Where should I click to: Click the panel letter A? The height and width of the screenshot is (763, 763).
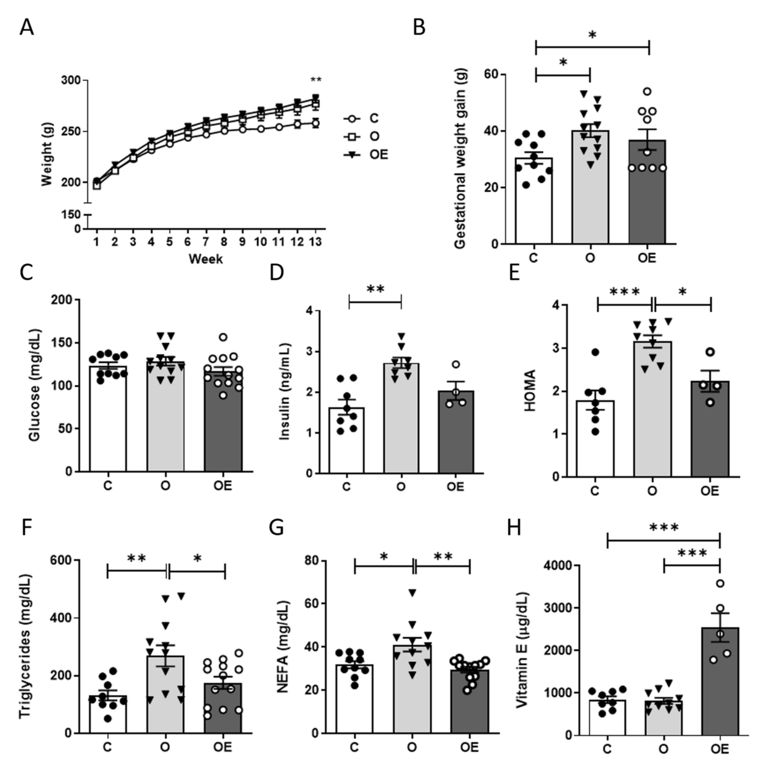click(x=27, y=28)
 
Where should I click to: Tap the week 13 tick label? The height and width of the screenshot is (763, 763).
click(x=315, y=242)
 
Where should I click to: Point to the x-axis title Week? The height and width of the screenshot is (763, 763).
click(x=205, y=259)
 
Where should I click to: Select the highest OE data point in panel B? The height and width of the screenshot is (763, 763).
click(x=647, y=92)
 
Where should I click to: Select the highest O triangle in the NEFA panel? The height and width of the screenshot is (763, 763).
click(x=412, y=592)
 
